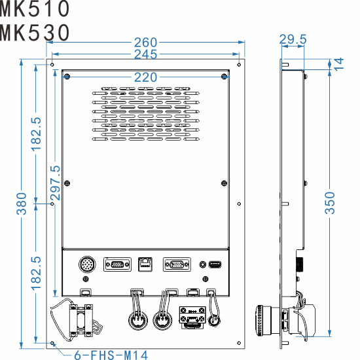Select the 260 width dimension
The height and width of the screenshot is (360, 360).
pos(145,43)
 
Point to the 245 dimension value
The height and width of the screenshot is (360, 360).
pos(145,54)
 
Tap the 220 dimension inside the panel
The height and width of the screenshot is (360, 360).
pos(145,77)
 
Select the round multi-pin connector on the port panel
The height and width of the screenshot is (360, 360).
pos(87,265)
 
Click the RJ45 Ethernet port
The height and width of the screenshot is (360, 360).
pos(145,265)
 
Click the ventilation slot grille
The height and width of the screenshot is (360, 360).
pos(145,111)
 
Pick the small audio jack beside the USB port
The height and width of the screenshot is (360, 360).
pos(203,265)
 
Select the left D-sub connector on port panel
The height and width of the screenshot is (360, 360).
pos(117,265)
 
